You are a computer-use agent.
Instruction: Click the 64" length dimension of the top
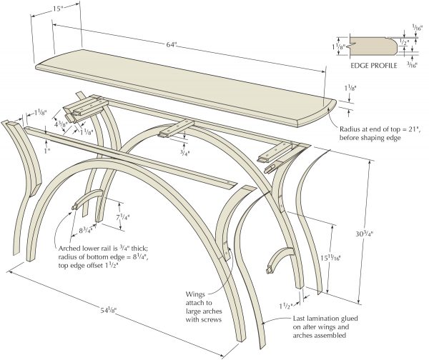[171, 44]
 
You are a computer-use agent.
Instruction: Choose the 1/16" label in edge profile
[417, 27]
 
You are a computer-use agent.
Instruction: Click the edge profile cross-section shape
[372, 46]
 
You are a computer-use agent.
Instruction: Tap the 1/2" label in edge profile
[405, 42]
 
